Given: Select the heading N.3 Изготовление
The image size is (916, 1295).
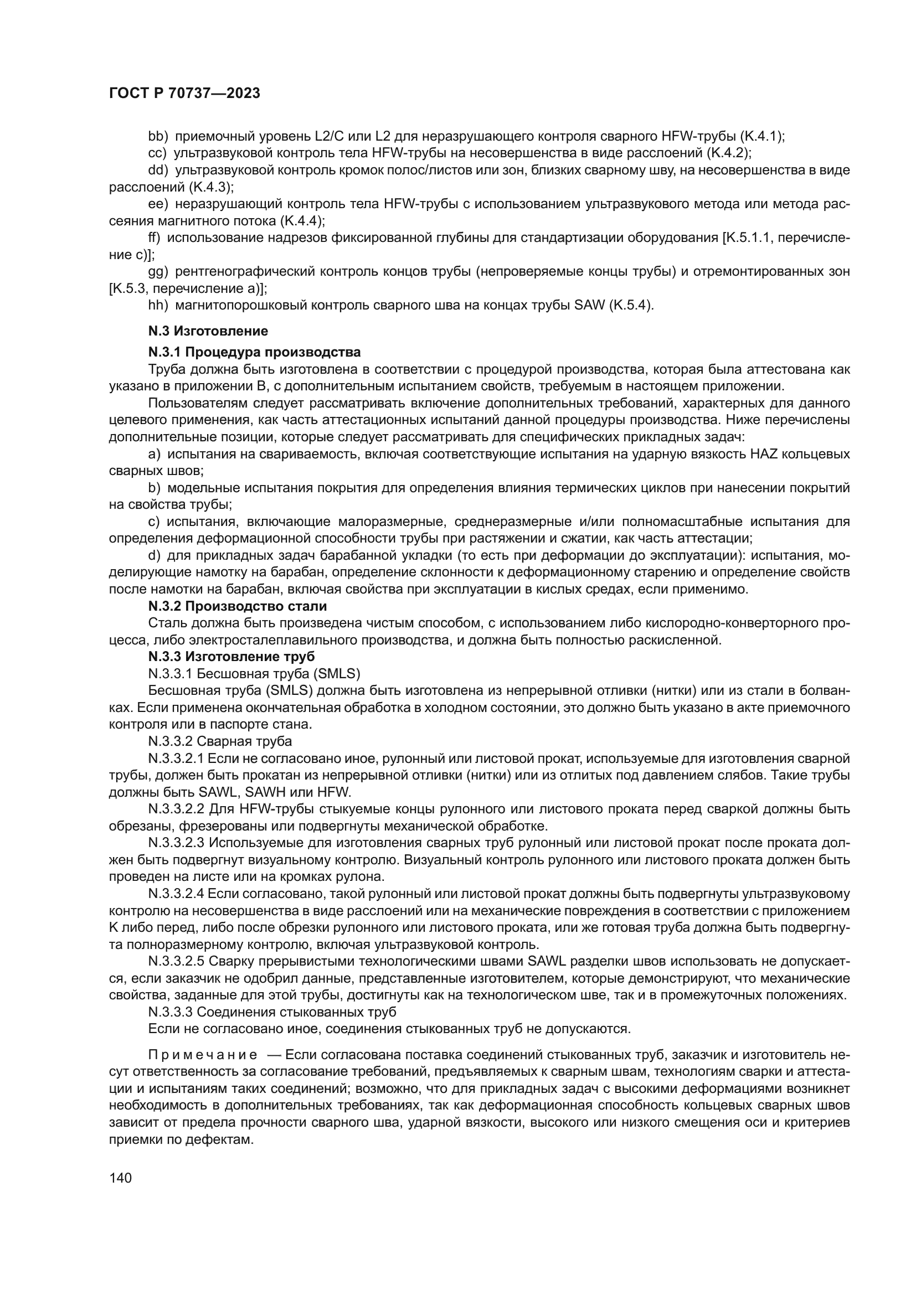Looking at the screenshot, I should [208, 331].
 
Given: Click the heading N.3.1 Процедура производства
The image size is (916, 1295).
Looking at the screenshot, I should [254, 353].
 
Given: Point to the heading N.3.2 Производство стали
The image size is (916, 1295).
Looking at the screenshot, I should [238, 606].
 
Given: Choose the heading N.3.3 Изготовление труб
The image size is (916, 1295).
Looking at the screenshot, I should [231, 657].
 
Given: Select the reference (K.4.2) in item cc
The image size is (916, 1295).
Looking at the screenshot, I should [730, 153].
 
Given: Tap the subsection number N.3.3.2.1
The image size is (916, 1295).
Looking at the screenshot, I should [177, 759].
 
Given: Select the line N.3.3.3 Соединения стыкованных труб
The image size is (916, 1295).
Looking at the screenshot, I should [272, 1012].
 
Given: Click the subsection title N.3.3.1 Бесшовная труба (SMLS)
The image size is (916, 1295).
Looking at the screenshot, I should [254, 674].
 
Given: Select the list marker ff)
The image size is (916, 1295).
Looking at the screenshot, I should [155, 238].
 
